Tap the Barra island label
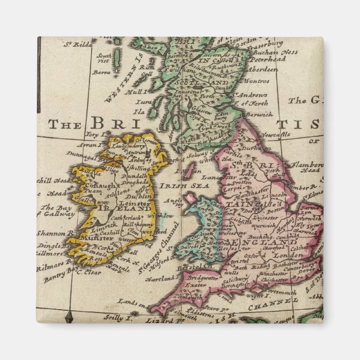point(103,72)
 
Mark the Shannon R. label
point(55,233)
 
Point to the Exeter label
point(193,285)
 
